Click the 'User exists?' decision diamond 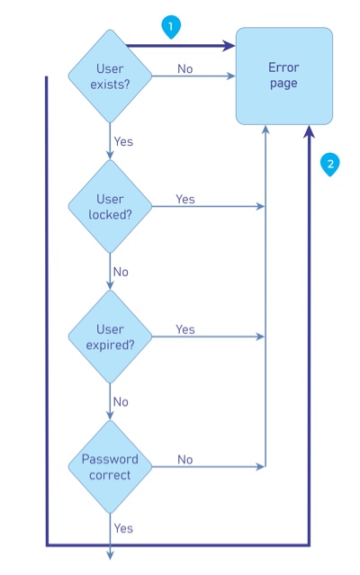[110, 76]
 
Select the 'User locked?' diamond [110, 207]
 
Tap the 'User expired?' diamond [110, 337]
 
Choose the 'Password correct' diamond [110, 466]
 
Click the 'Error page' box [283, 76]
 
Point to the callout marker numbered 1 [170, 27]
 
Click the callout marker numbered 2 [330, 163]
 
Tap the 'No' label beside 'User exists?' [184, 69]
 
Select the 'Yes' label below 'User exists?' [123, 141]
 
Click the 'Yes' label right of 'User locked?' [184, 199]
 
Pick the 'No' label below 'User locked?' [121, 271]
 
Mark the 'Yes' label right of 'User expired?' [184, 329]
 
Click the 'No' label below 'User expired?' [121, 401]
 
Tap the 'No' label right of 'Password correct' [184, 459]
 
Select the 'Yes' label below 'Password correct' [123, 528]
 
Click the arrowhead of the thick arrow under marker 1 [229, 45]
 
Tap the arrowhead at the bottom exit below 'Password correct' [110, 555]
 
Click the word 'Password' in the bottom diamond [110, 459]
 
